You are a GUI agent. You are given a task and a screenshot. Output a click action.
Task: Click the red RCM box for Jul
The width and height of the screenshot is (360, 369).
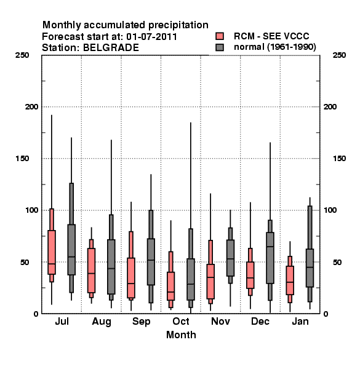(52, 252)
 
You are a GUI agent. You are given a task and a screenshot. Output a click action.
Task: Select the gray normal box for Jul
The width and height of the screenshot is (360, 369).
(71, 250)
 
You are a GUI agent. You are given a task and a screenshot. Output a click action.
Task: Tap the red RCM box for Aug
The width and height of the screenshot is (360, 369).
(91, 271)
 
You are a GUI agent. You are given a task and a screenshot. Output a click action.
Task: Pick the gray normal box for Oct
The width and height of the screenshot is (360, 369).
(191, 279)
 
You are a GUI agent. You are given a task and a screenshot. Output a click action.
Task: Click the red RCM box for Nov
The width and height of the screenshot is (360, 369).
(210, 282)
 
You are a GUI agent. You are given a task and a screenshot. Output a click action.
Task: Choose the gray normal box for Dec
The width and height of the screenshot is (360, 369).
(270, 258)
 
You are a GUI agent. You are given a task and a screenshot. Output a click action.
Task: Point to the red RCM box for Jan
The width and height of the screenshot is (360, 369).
(290, 280)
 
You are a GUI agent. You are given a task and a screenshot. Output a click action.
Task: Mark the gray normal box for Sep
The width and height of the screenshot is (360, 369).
(151, 262)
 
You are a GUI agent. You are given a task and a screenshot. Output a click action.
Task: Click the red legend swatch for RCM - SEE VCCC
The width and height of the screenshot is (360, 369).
(220, 36)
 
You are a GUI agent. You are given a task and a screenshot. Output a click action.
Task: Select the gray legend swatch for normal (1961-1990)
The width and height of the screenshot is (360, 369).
(220, 47)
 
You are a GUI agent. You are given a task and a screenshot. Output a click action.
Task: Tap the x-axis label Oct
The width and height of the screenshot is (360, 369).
(180, 321)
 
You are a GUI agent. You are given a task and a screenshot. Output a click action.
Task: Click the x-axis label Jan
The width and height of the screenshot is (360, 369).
(300, 321)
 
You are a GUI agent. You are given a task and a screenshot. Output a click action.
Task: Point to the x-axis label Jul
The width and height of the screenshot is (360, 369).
(62, 321)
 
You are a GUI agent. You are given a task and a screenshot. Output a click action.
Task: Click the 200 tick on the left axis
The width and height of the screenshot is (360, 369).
(31, 107)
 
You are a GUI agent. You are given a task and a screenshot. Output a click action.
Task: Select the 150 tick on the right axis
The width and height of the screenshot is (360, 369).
(339, 159)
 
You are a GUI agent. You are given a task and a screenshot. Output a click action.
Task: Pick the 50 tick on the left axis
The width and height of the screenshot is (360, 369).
(25, 262)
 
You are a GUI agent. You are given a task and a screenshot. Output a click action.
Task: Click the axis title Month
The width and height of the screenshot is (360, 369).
(181, 335)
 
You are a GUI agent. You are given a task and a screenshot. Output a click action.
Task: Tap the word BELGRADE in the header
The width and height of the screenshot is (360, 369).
(111, 47)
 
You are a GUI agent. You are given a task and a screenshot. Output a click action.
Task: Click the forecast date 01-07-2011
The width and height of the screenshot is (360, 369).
(151, 36)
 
